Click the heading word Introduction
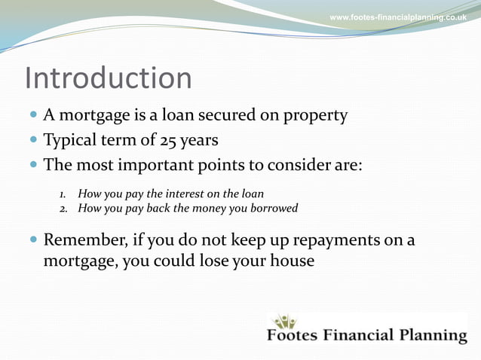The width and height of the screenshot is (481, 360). point(108,78)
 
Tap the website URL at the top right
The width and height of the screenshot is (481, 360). point(398,17)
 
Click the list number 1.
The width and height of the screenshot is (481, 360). point(63,194)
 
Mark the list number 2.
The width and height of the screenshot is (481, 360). point(63,208)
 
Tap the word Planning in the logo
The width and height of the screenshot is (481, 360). point(431,335)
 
